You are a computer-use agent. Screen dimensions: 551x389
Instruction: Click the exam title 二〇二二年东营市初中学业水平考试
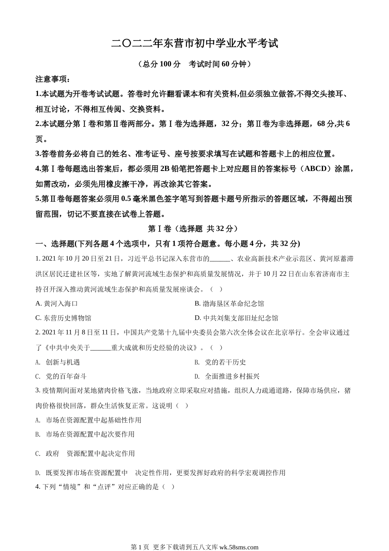tap(194, 43)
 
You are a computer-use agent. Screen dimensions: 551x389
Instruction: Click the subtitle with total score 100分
tap(194, 64)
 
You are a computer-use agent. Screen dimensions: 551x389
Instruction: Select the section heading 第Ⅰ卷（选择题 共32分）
tap(192, 229)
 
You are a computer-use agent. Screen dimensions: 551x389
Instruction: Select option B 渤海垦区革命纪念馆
tap(229, 303)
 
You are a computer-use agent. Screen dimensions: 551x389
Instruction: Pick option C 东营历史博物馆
tap(63, 318)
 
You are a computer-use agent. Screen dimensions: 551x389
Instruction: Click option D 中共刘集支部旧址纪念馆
tap(236, 318)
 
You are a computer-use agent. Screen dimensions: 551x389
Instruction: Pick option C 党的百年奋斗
tap(61, 376)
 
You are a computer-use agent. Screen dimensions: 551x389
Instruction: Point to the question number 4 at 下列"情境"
tap(38, 487)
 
